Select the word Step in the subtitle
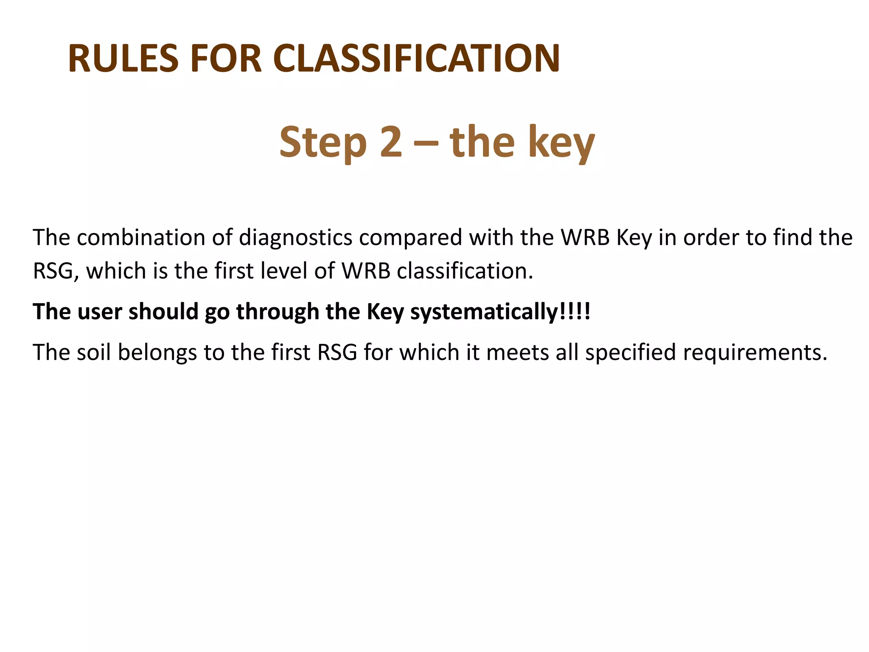pyautogui.click(x=323, y=142)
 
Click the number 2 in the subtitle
pyautogui.click(x=391, y=142)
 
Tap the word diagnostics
pyautogui.click(x=295, y=237)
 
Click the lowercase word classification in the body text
pyautogui.click(x=465, y=270)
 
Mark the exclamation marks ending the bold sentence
pyautogui.click(x=575, y=312)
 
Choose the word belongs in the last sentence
pyautogui.click(x=157, y=353)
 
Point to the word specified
pyautogui.click(x=630, y=353)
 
